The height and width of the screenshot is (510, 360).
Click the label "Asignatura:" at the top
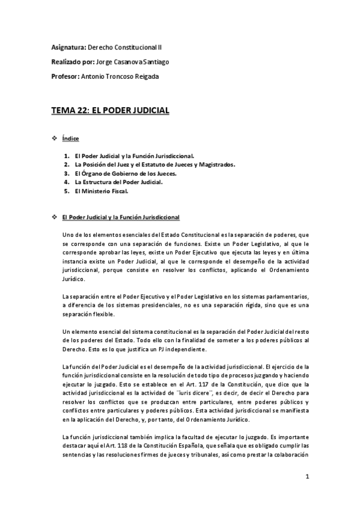tap(68, 46)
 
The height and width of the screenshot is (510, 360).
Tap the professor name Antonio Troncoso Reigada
tap(123, 76)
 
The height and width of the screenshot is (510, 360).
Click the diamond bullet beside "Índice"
tap(55, 139)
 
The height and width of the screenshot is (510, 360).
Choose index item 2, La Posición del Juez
tap(155, 164)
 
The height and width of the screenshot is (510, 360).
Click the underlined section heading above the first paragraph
tap(124, 217)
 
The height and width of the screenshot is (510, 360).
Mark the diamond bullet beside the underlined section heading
tap(55, 217)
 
